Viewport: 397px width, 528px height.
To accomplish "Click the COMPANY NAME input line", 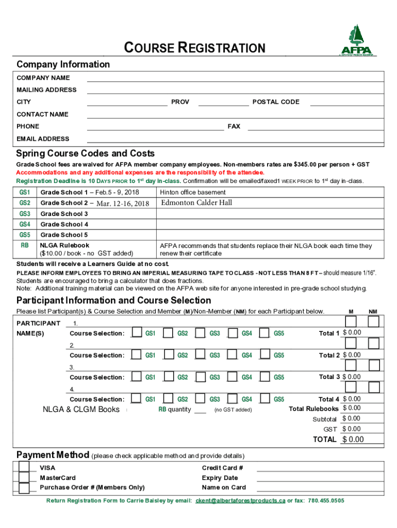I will (x=235, y=78).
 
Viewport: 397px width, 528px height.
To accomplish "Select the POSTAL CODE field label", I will (x=276, y=102).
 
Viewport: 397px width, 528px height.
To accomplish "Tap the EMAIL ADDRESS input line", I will (x=235, y=139).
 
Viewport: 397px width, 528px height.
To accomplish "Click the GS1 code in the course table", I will (x=25, y=192).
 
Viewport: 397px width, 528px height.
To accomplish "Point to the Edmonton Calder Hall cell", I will (x=196, y=203).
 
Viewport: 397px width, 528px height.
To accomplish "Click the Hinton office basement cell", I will (x=193, y=192).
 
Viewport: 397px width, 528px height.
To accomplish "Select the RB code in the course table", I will (x=25, y=245).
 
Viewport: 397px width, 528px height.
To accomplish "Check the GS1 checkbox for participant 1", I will (x=137, y=333).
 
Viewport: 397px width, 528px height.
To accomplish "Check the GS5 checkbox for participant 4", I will (x=264, y=399).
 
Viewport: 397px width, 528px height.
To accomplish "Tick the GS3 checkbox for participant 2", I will (x=200, y=355).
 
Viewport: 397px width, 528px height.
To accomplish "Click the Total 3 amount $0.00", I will (x=352, y=377).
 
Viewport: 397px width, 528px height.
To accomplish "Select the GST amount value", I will (x=352, y=429).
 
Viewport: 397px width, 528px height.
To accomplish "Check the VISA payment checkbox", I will (x=23, y=467).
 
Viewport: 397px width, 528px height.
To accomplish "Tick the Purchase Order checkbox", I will (x=23, y=488).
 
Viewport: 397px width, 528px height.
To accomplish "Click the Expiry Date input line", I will (x=320, y=478).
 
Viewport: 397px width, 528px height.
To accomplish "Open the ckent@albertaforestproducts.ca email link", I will (x=240, y=501).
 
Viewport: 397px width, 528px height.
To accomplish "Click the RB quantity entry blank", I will (x=201, y=410).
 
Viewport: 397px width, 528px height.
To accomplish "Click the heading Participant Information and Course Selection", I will (x=113, y=300).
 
